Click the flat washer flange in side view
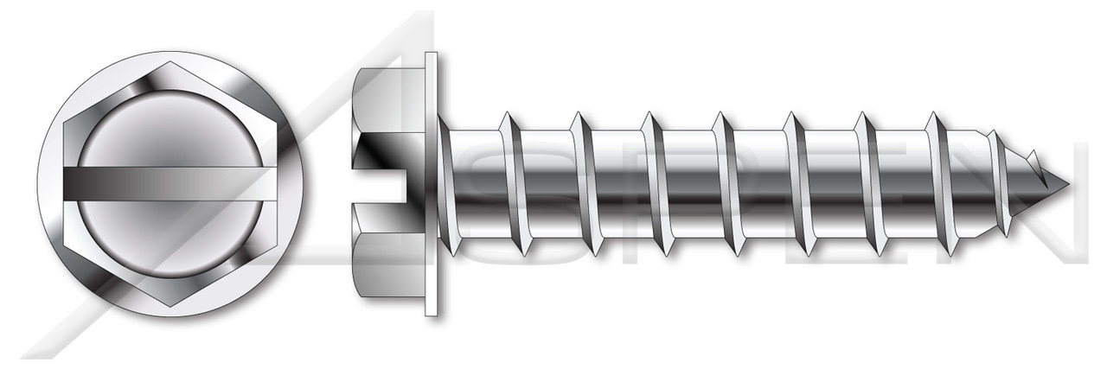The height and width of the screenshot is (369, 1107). [431, 184]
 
